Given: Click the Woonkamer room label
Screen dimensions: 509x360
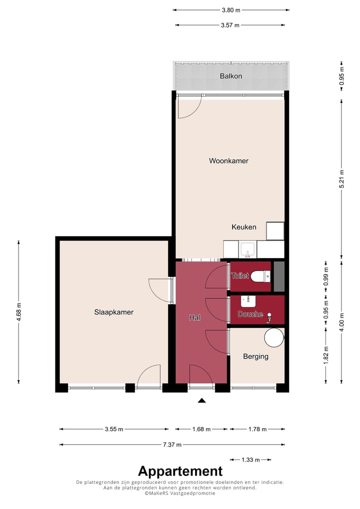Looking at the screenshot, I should [228, 161].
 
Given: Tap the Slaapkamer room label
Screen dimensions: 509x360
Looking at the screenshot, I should [114, 312].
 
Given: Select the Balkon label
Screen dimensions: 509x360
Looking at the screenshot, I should [231, 76].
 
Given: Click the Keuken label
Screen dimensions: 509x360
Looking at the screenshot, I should [244, 227].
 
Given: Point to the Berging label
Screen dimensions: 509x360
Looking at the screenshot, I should [255, 356].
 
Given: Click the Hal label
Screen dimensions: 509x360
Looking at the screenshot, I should [194, 317].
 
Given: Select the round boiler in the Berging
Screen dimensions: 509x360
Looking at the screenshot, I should [273, 337].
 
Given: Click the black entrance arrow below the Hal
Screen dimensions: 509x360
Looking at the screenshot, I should [201, 400].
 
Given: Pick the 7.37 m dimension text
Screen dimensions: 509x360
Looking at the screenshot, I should [171, 444].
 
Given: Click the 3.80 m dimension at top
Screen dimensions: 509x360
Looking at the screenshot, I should [231, 9].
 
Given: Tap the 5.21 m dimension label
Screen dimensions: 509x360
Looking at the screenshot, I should [342, 178].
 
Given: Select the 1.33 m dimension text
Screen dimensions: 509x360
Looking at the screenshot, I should [250, 459].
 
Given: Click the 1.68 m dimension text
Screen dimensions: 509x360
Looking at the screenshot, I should [201, 429].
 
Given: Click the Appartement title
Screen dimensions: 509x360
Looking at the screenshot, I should [180, 471].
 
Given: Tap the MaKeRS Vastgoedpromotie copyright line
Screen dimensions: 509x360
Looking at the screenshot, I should [180, 493].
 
